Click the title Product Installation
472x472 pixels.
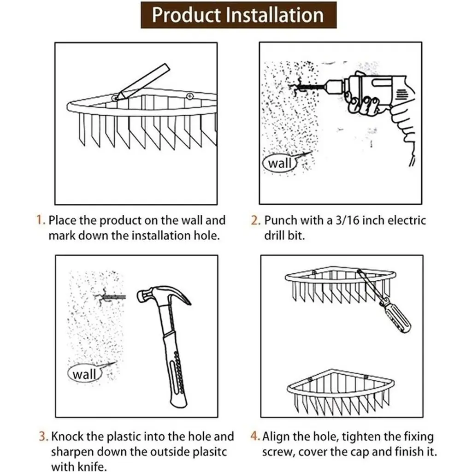[238, 15]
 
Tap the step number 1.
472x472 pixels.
[41, 220]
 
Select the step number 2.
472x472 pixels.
[255, 220]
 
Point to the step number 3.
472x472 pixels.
[43, 436]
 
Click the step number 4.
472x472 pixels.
[255, 436]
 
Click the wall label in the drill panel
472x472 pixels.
[280, 164]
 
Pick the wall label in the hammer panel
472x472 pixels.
[84, 374]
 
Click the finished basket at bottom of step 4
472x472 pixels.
[341, 391]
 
